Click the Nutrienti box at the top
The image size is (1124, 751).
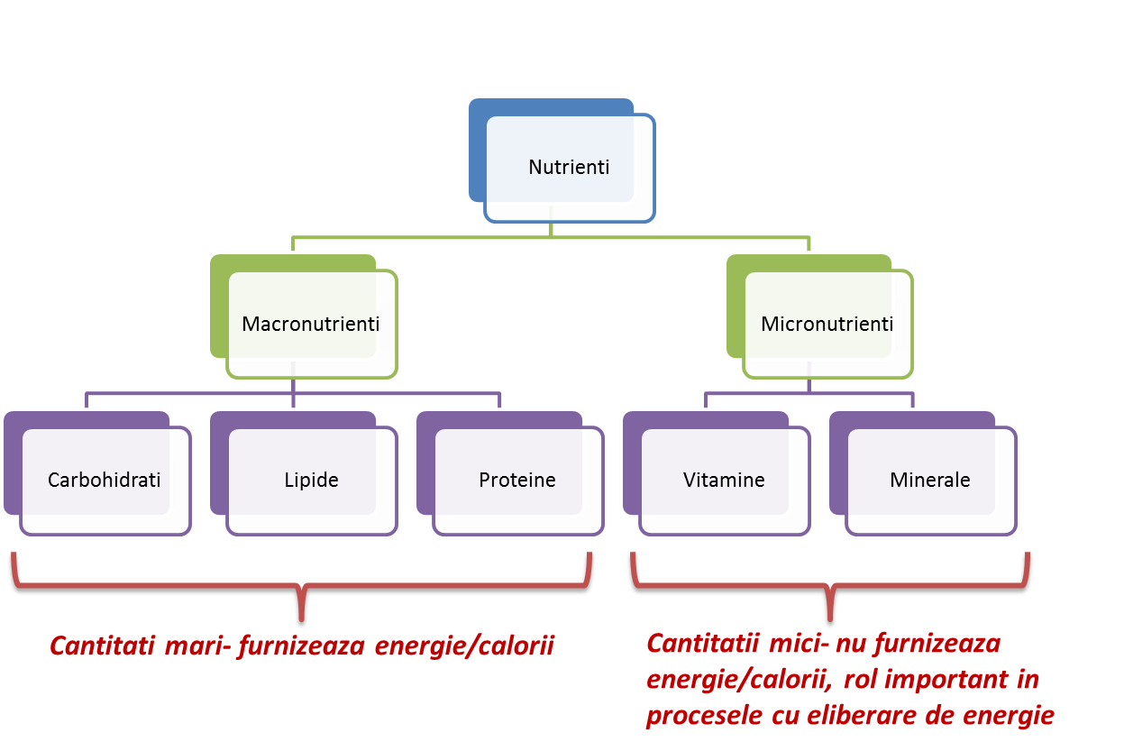coord(568,168)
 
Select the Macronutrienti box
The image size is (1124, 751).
coord(310,324)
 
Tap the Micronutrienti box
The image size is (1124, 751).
coord(827,324)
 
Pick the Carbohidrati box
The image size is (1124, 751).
coord(104,480)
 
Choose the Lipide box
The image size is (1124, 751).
coord(311,480)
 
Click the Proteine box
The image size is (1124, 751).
coord(517,480)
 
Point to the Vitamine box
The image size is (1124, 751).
coord(724,480)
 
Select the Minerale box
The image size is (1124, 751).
coord(930,480)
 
